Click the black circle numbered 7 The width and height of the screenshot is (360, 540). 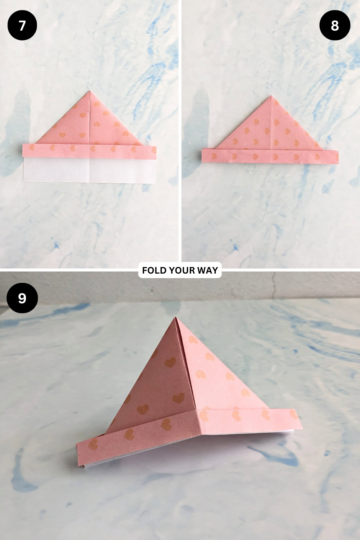click(x=22, y=25)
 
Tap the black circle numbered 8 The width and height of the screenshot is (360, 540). click(x=335, y=25)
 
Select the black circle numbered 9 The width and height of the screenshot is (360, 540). click(x=22, y=298)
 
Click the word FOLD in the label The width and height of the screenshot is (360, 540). click(x=154, y=270)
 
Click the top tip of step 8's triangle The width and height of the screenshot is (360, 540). click(x=271, y=96)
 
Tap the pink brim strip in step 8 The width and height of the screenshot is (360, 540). click(x=270, y=156)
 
